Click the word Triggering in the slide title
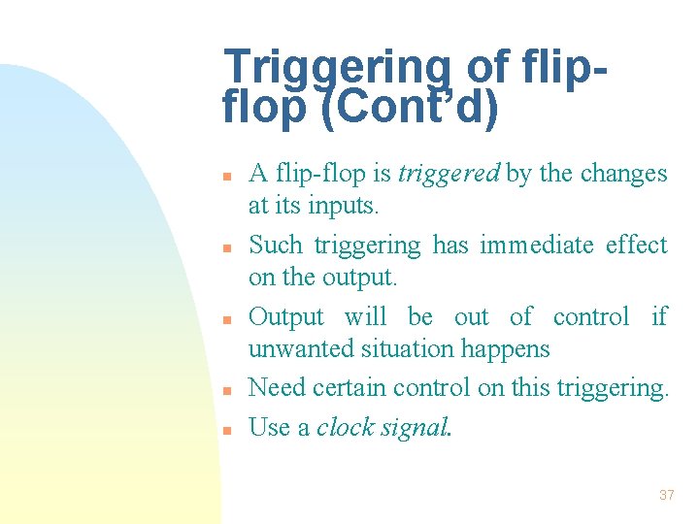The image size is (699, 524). click(x=337, y=69)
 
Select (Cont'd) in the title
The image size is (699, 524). click(x=408, y=109)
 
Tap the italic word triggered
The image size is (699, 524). click(x=448, y=174)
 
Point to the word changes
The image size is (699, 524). click(x=623, y=174)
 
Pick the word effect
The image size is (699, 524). click(x=637, y=245)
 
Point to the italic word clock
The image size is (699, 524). click(x=347, y=427)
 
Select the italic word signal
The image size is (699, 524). click(x=416, y=428)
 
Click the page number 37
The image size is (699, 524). click(x=666, y=495)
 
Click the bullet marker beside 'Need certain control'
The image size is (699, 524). click(x=224, y=390)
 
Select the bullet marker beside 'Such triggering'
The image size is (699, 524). click(x=224, y=247)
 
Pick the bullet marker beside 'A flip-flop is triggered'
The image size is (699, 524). click(x=224, y=177)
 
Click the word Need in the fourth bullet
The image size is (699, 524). click(x=273, y=388)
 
